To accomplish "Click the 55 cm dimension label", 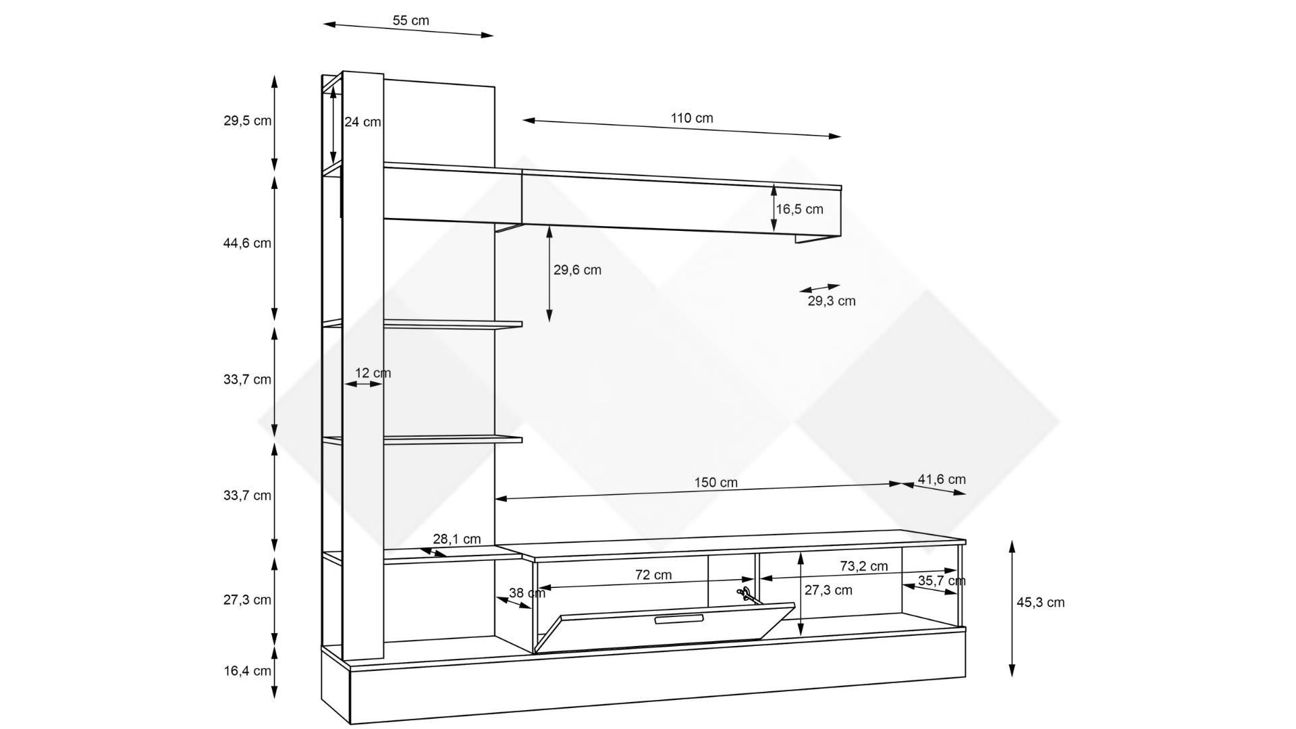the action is click(410, 20).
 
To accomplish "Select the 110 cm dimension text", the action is click(691, 118).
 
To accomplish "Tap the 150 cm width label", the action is click(715, 483).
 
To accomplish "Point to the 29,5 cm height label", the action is click(247, 121).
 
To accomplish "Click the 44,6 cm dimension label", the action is click(247, 243).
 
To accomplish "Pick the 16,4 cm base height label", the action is click(247, 671).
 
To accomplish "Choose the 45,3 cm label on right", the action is click(1040, 602).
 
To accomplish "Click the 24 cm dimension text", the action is click(362, 122).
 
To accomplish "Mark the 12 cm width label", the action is click(373, 373).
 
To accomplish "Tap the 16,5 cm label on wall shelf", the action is click(799, 209).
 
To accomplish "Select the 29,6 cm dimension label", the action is click(577, 270).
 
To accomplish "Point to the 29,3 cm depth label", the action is click(832, 301).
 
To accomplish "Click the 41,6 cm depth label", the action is click(942, 479).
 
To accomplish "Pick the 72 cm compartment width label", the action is click(653, 575).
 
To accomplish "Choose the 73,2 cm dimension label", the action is click(864, 566).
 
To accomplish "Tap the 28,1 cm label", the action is click(457, 539).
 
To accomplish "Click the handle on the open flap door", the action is click(679, 620).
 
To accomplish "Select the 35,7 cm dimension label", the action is click(942, 580).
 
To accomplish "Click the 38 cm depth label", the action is click(527, 593).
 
